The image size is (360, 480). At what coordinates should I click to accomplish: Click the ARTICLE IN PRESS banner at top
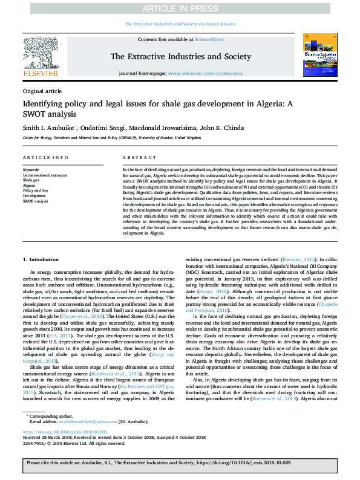point(180,8)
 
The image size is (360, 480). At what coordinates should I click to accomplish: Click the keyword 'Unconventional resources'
point(45,175)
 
